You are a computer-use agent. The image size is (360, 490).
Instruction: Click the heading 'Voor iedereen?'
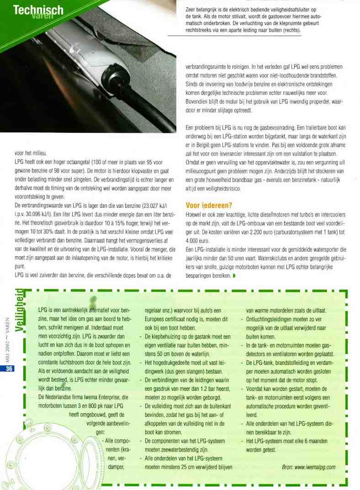tap(209, 205)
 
